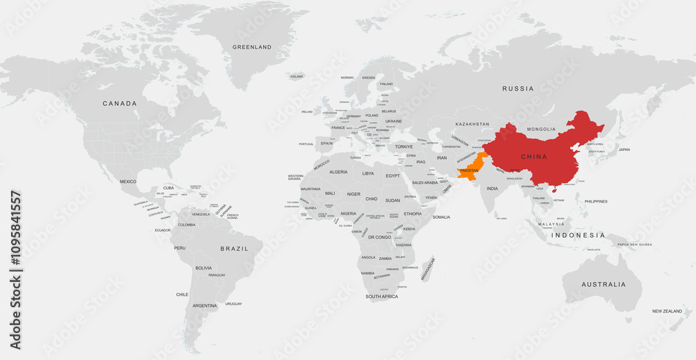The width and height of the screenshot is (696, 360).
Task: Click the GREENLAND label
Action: pyautogui.click(x=252, y=47)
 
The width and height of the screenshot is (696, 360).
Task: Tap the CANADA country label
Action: pyautogui.click(x=120, y=104)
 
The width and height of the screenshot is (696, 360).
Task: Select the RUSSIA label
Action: pyautogui.click(x=519, y=88)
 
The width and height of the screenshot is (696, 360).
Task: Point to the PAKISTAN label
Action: pyautogui.click(x=470, y=171)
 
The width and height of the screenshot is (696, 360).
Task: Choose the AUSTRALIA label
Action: pyautogui.click(x=603, y=284)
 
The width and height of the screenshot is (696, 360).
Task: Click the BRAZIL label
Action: pyautogui.click(x=234, y=249)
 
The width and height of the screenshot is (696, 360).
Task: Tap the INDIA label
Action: pyautogui.click(x=492, y=189)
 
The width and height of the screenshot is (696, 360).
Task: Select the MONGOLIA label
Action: pyautogui.click(x=542, y=130)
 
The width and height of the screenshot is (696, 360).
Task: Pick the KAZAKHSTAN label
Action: pyautogui.click(x=473, y=124)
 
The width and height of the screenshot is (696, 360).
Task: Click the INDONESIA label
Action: pyautogui.click(x=578, y=235)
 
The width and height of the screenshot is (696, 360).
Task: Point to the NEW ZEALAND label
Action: pyautogui.click(x=667, y=311)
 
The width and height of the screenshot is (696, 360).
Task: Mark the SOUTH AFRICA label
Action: pyautogui.click(x=381, y=297)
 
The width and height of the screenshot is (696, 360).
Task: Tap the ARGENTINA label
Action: pyautogui.click(x=205, y=306)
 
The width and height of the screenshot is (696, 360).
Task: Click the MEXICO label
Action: pyautogui.click(x=128, y=182)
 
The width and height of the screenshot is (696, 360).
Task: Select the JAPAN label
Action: pyautogui.click(x=624, y=150)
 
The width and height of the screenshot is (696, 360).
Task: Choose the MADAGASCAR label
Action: pyautogui.click(x=428, y=269)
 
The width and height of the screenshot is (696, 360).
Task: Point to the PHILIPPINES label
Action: pyautogui.click(x=596, y=201)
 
